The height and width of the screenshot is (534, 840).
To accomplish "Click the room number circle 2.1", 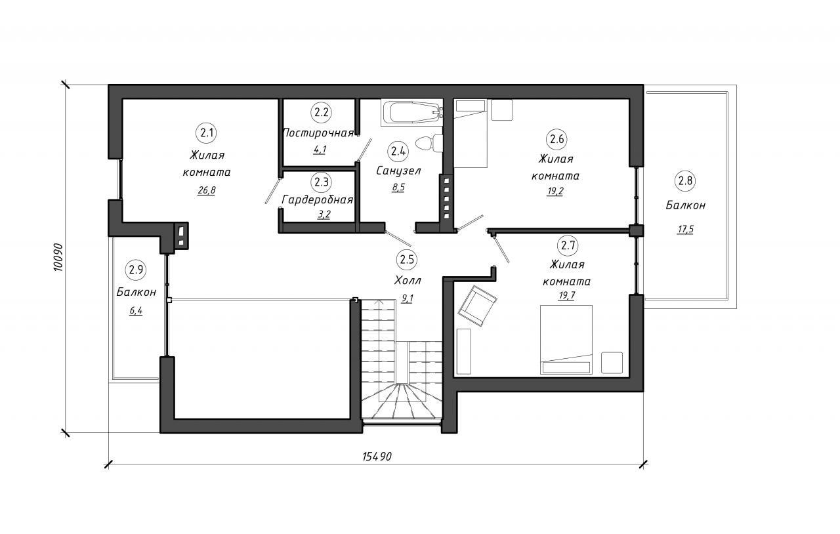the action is pyautogui.click(x=207, y=133).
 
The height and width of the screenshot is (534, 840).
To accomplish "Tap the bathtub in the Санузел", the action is pyautogui.click(x=412, y=112).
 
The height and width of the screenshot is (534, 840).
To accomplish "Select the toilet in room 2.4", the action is pyautogui.click(x=429, y=143).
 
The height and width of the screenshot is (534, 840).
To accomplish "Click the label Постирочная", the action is pyautogui.click(x=318, y=133).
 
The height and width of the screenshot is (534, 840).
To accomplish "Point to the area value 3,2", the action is pyautogui.click(x=324, y=215).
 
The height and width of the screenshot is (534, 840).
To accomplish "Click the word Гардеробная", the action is pyautogui.click(x=317, y=200).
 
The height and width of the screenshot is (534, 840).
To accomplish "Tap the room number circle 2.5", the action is pyautogui.click(x=406, y=260).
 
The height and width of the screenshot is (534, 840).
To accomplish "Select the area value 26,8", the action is pyautogui.click(x=207, y=190).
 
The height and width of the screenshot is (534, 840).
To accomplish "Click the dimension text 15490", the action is pyautogui.click(x=377, y=457).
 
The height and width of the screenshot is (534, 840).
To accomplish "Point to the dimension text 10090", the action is pyautogui.click(x=59, y=258).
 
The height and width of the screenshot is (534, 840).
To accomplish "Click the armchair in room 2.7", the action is pyautogui.click(x=477, y=306).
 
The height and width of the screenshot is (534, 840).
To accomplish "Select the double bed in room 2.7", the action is pyautogui.click(x=566, y=340).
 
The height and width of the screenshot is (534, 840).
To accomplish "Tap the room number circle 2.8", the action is pyautogui.click(x=686, y=181).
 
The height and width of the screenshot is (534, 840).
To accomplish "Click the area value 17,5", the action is pyautogui.click(x=685, y=230).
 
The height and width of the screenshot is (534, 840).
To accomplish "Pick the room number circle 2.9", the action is pyautogui.click(x=136, y=270).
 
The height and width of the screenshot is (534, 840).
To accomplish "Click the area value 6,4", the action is pyautogui.click(x=136, y=311).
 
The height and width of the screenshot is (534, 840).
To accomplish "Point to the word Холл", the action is pyautogui.click(x=408, y=281).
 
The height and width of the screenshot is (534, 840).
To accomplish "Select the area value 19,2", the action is pyautogui.click(x=555, y=192).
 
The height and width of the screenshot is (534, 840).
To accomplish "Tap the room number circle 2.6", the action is pyautogui.click(x=556, y=140).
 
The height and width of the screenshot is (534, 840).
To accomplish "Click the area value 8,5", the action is pyautogui.click(x=398, y=188).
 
